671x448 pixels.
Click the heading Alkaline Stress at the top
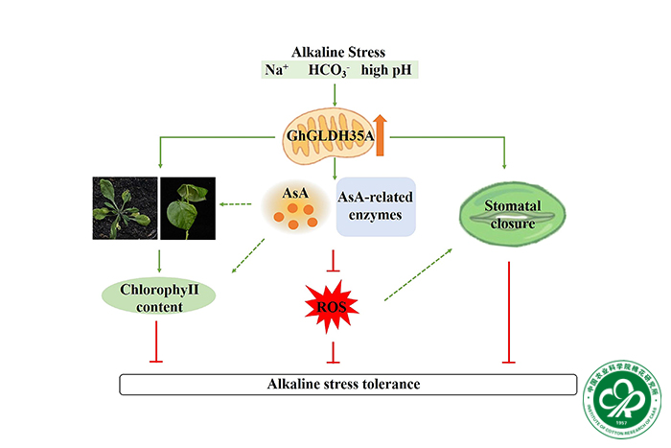335,53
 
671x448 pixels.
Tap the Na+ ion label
277,70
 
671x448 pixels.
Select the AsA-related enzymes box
375,205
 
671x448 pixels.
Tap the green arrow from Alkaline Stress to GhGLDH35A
335,92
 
